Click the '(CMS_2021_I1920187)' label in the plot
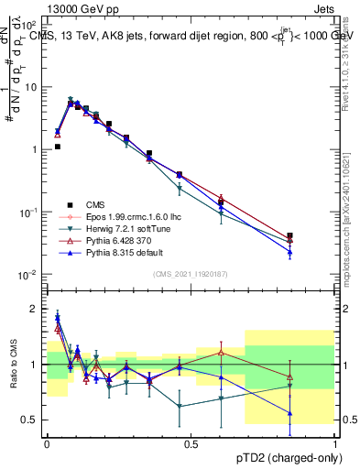(x=191, y=274)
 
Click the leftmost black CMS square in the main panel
(x=57, y=147)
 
